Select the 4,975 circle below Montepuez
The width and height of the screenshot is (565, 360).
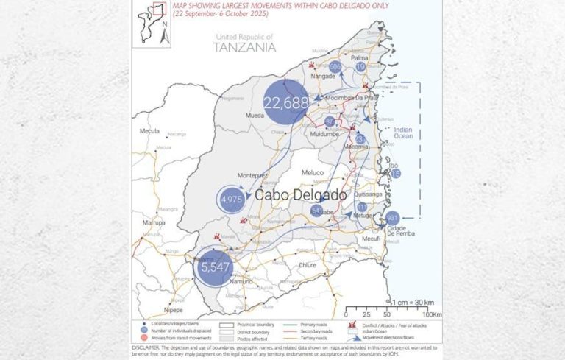tap(232, 199)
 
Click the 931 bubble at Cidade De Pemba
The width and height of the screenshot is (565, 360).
tap(391, 218)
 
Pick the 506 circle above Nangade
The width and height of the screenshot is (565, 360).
tap(335, 67)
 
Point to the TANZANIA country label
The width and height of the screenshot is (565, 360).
tap(244, 47)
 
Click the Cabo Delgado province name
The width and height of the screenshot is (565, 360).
tap(299, 195)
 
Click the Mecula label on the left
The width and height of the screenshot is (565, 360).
tap(150, 131)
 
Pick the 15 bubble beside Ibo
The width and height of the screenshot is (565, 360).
tap(396, 174)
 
